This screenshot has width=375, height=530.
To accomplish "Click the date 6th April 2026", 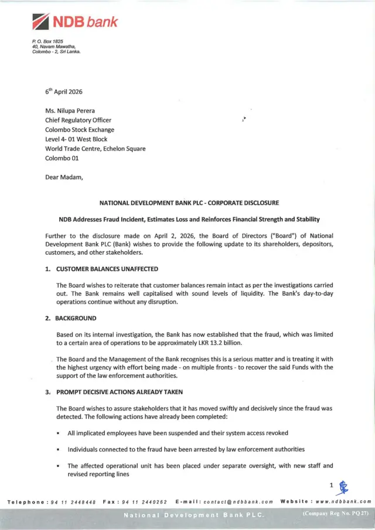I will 64,91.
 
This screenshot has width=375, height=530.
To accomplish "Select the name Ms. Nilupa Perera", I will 71,111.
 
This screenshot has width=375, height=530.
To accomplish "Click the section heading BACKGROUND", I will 76,318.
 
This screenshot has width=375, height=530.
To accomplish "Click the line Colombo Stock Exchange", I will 80,129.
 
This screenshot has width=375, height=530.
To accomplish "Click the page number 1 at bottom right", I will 332,485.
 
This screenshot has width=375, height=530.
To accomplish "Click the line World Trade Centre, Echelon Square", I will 96,149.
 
